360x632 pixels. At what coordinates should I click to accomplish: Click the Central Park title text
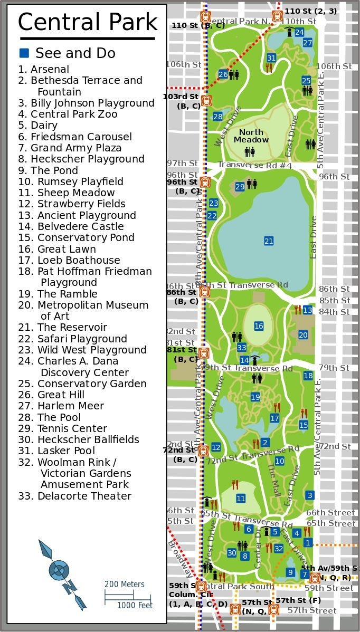pyautogui.click(x=88, y=22)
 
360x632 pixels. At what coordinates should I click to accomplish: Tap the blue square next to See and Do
pyautogui.click(x=24, y=53)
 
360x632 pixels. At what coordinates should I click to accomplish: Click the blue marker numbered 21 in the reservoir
pyautogui.click(x=269, y=241)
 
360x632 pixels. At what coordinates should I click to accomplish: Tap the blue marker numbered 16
pyautogui.click(x=259, y=327)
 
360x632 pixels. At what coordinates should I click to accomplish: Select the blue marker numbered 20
pyautogui.click(x=303, y=335)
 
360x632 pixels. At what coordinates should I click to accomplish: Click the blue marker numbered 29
pyautogui.click(x=240, y=186)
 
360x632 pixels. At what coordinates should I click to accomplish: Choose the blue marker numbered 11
pyautogui.click(x=241, y=499)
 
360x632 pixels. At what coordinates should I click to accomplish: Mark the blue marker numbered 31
pyautogui.click(x=271, y=58)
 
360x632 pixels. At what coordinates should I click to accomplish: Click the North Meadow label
pyautogui.click(x=251, y=136)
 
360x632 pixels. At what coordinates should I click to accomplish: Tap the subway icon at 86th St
pyautogui.click(x=205, y=292)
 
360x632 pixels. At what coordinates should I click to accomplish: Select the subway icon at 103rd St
pyautogui.click(x=205, y=100)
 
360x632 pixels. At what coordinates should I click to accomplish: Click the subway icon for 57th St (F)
pyautogui.click(x=273, y=610)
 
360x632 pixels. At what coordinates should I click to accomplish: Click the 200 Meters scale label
pyautogui.click(x=124, y=585)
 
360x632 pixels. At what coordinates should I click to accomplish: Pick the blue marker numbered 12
pyautogui.click(x=216, y=447)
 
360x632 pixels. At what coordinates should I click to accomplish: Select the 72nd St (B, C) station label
pyautogui.click(x=179, y=455)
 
